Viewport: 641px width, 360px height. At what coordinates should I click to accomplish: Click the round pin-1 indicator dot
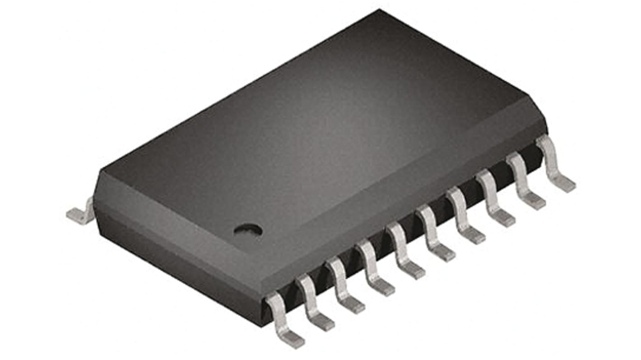(x=248, y=230)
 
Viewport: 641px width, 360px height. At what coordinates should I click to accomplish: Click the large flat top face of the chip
(x=316, y=135)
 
